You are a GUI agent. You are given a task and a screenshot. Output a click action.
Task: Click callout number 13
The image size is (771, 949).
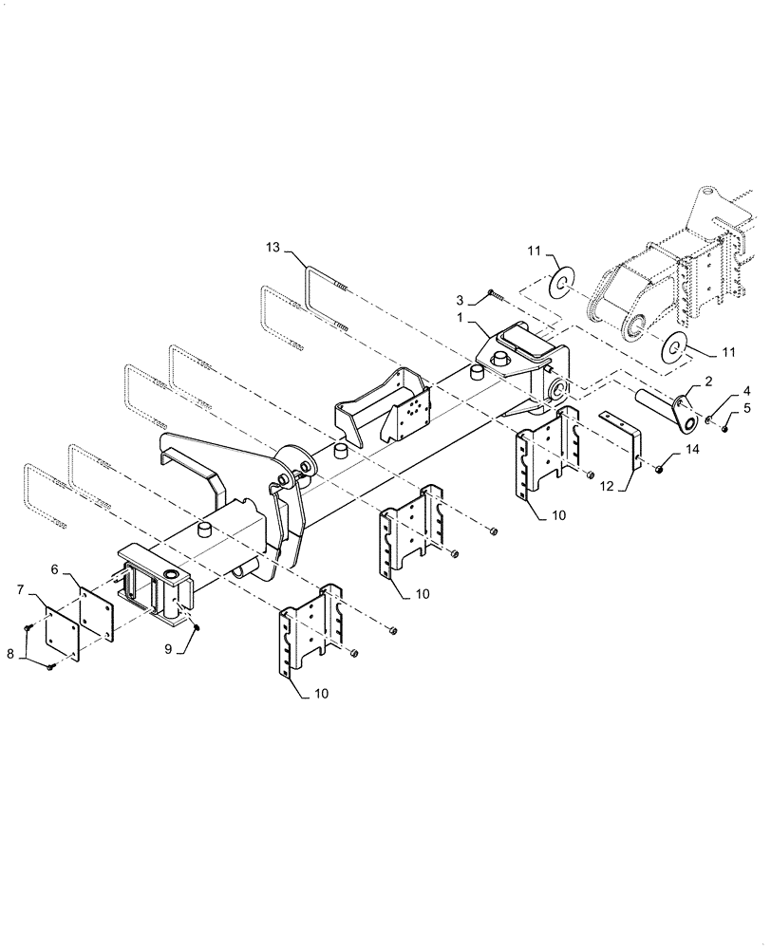273,248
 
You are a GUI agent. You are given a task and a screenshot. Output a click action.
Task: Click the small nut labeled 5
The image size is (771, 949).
724,428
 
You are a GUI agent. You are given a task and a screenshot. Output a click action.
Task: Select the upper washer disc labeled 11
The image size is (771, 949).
562,280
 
